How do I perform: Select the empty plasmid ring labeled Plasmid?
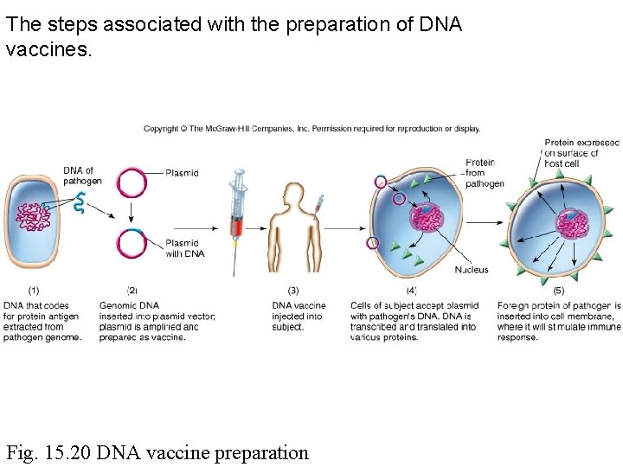tap(132, 182)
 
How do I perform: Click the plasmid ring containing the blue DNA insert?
tap(132, 244)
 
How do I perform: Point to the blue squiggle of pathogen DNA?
tap(79, 204)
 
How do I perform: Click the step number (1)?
tap(33, 291)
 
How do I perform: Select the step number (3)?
tap(293, 291)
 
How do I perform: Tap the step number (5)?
tap(558, 291)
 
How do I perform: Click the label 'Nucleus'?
tap(472, 270)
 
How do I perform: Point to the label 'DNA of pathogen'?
tap(82, 176)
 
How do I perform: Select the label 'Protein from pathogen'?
tap(483, 173)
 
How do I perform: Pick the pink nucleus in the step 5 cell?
tap(572, 226)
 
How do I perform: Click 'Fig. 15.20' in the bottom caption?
tap(49, 451)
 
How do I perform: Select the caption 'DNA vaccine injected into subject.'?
tap(299, 316)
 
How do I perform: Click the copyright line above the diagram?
tap(311, 129)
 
